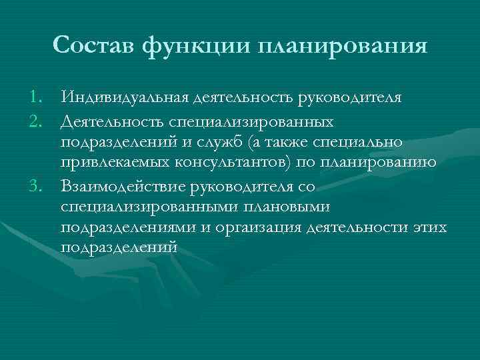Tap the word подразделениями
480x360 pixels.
tap(127, 229)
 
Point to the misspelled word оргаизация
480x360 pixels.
tap(257, 229)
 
